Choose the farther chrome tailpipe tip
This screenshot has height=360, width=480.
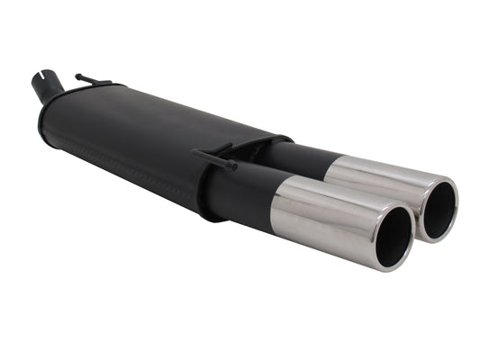[x=387, y=180]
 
